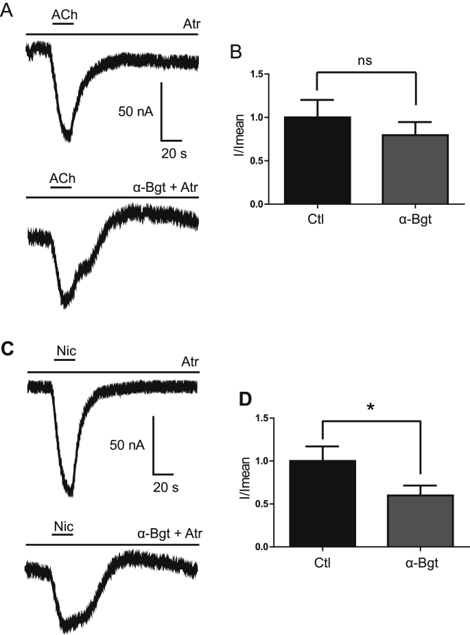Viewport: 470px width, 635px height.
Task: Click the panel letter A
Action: click(7, 11)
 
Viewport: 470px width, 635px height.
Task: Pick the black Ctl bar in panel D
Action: click(322, 503)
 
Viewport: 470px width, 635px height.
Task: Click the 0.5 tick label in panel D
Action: click(261, 504)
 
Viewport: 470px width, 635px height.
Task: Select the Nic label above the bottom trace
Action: click(63, 527)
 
